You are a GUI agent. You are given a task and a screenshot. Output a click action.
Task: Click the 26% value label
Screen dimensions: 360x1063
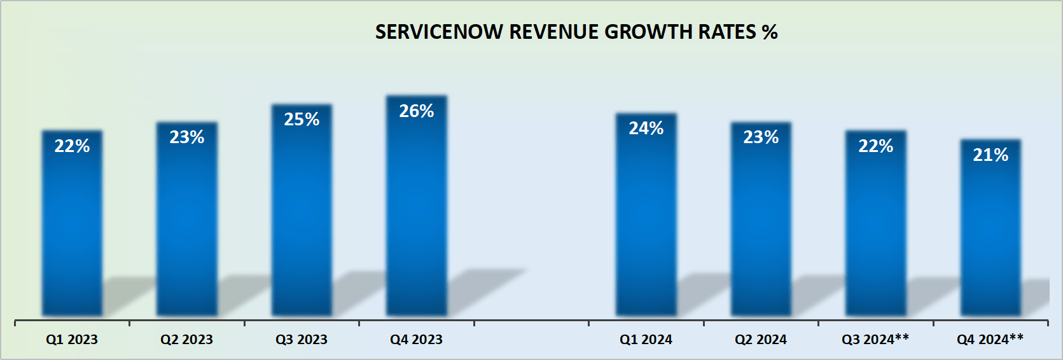click(x=417, y=111)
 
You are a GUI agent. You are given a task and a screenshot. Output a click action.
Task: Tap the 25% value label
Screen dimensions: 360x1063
click(x=302, y=120)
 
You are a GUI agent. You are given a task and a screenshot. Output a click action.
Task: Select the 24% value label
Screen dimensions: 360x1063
click(x=646, y=128)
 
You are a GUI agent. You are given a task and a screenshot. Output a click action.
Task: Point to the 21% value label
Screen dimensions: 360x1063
click(x=990, y=155)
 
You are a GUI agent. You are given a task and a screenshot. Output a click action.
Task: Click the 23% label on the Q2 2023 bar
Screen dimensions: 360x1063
click(x=187, y=137)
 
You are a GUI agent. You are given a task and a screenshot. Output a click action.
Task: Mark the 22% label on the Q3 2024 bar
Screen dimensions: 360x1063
click(x=876, y=146)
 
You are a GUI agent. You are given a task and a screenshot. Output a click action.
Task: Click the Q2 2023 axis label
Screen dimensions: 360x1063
click(x=186, y=340)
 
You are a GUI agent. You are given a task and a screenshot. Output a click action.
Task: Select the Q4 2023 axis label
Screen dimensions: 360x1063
click(x=416, y=340)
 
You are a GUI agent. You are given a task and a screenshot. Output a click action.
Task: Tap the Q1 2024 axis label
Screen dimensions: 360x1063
click(x=646, y=340)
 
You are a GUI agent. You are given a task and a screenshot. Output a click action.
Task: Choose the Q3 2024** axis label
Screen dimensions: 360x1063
click(x=875, y=340)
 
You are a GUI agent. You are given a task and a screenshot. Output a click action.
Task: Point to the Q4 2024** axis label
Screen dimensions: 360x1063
click(x=990, y=340)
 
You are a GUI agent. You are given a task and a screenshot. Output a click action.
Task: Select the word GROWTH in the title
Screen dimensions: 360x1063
click(x=648, y=32)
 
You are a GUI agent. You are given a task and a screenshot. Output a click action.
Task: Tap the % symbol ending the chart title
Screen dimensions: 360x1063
click(x=770, y=32)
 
